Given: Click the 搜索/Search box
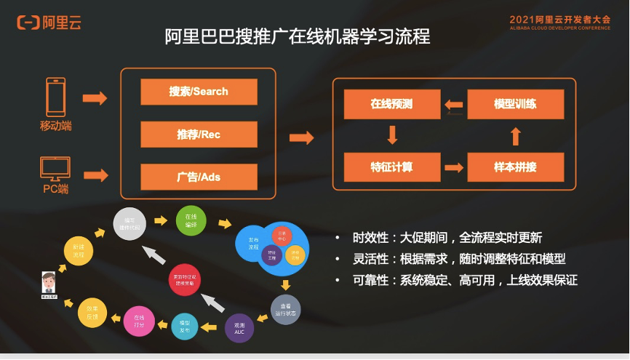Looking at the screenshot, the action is (x=199, y=92).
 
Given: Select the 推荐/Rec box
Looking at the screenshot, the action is (x=199, y=135).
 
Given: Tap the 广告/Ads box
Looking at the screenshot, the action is (x=199, y=177).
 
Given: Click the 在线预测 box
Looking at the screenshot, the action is (x=391, y=104).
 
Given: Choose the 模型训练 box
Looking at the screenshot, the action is (x=515, y=104).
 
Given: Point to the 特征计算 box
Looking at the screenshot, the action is (x=391, y=167).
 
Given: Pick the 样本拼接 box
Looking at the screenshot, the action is (x=515, y=167).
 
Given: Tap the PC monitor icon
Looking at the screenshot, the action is (x=55, y=170).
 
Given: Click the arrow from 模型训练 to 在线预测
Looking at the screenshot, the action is (x=454, y=105).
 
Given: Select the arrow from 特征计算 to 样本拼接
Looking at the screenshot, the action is (x=454, y=167).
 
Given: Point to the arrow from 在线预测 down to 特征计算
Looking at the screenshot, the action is (x=392, y=135).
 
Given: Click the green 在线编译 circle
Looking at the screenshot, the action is (x=191, y=220).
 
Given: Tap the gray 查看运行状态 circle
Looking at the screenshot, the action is (x=284, y=309).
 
